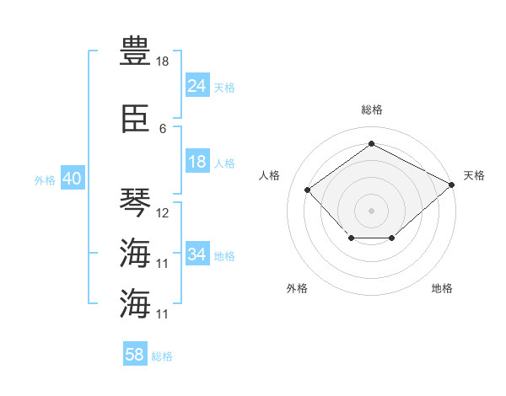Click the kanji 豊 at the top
(x=135, y=51)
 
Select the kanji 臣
(x=135, y=119)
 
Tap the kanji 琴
(x=135, y=202)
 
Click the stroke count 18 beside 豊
(x=162, y=62)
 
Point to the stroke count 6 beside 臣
(x=163, y=129)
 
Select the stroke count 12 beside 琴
(x=162, y=213)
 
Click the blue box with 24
(x=197, y=85)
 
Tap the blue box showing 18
(x=197, y=161)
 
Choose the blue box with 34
(x=197, y=253)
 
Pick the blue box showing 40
(x=73, y=178)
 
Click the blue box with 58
(x=135, y=353)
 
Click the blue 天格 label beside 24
(x=224, y=88)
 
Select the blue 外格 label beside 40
(x=45, y=180)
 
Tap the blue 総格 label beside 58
(x=162, y=356)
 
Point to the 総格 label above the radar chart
(x=372, y=110)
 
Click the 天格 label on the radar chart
(x=474, y=175)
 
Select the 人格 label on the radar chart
(x=269, y=175)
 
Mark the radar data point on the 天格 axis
(x=452, y=185)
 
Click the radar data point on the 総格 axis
(x=371, y=143)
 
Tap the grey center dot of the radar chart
(x=371, y=211)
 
